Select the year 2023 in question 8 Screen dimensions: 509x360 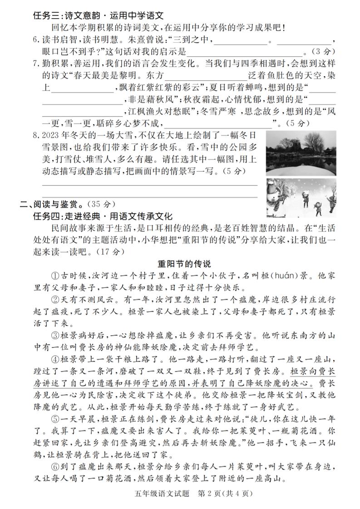[49, 135]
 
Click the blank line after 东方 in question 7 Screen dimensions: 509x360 [207, 75]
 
